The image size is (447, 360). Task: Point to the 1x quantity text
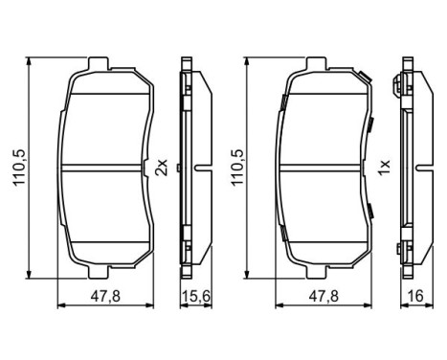click(383, 168)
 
